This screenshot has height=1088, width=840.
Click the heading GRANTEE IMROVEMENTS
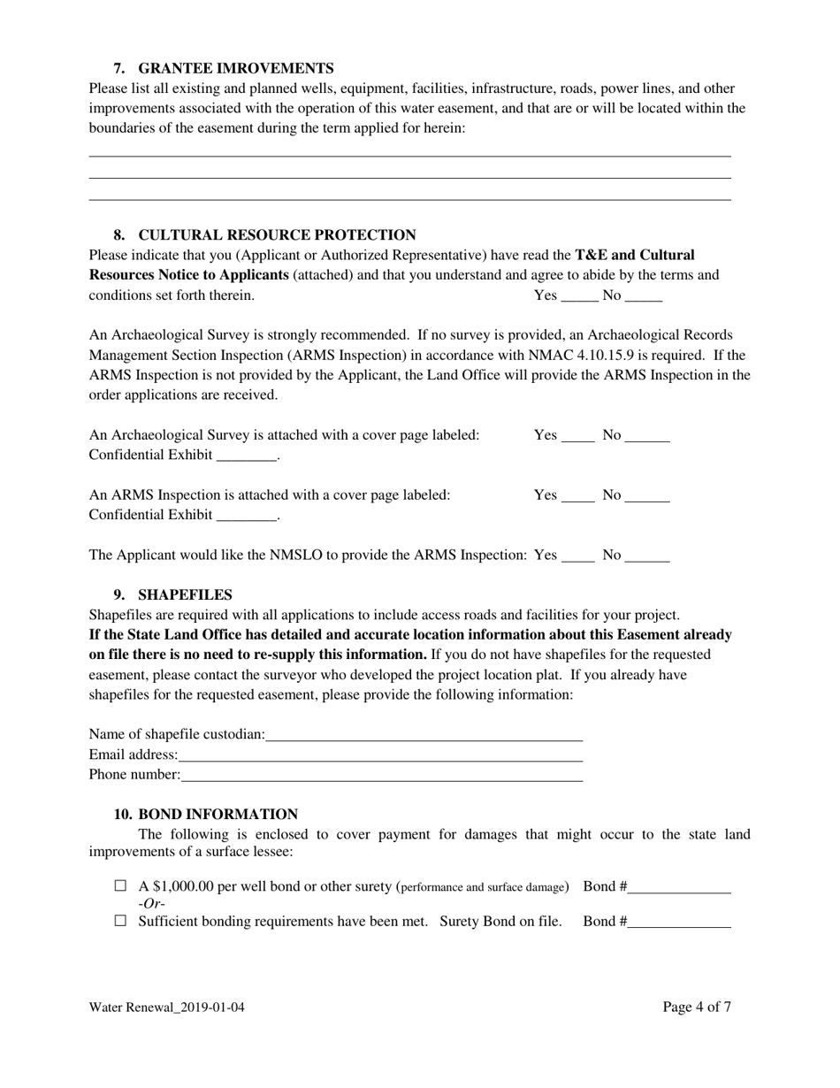236,68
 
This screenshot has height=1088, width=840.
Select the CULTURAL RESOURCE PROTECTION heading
277,234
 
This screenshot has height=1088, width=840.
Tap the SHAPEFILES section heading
185,594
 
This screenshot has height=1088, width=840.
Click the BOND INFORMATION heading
218,814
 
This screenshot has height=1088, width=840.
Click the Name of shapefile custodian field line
424,736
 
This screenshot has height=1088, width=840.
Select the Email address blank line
380,757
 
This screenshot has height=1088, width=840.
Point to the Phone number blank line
381,778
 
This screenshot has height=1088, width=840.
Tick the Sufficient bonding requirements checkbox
121,921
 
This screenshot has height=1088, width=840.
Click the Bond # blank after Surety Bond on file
679,923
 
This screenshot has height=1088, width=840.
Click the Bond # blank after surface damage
679,888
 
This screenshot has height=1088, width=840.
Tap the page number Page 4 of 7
697,1007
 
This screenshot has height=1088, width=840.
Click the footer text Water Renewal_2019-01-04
166,1008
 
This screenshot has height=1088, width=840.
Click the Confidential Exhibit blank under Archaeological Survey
247,457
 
